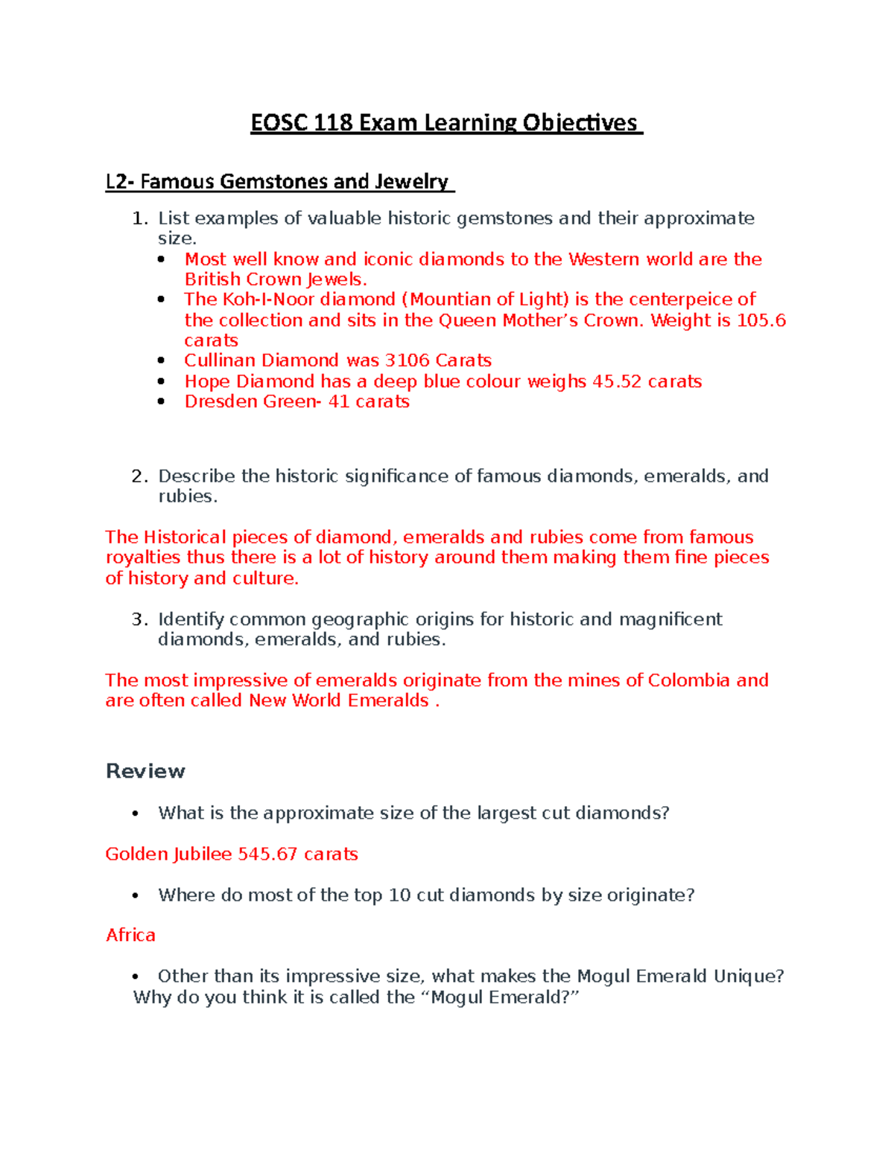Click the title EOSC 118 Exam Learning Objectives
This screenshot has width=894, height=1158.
(446, 123)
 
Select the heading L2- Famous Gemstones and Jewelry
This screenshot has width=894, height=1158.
(279, 182)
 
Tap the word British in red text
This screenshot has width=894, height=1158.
(212, 280)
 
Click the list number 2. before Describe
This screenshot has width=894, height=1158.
(139, 476)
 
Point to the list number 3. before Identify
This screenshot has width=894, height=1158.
(139, 620)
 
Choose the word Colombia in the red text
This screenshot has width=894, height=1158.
(688, 681)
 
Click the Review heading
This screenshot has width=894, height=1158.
(145, 771)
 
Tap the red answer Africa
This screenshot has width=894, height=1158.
(130, 935)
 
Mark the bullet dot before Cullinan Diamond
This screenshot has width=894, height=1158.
(162, 361)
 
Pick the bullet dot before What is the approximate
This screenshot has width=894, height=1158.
(135, 814)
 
